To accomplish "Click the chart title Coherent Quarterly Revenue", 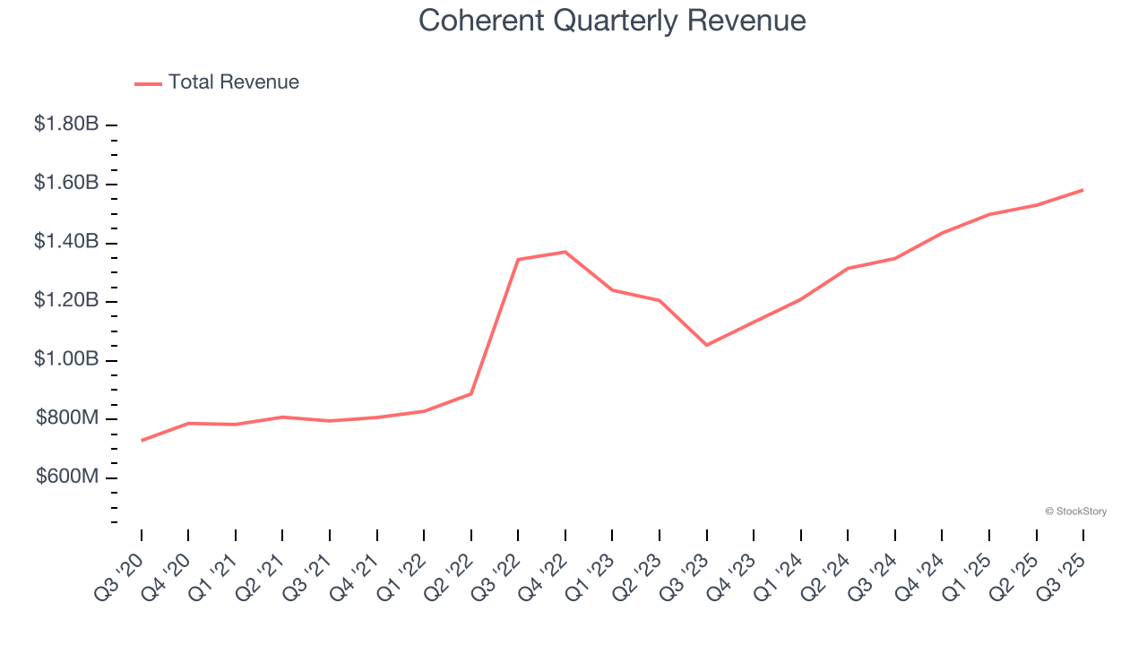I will click(x=612, y=21).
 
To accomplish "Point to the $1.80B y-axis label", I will click(x=66, y=125).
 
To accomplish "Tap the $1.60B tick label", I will click(x=66, y=184).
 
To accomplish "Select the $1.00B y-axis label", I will click(x=66, y=359).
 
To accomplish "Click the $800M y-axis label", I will click(x=67, y=418).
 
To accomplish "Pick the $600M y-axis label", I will click(x=67, y=477).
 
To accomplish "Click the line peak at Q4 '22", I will click(x=565, y=252).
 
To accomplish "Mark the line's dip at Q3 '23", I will click(x=707, y=345).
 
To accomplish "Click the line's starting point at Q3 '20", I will click(x=142, y=441).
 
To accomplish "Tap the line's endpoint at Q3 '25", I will click(x=1083, y=190).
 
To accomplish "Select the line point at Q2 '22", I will click(x=471, y=393).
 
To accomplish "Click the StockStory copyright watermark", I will click(x=1075, y=512).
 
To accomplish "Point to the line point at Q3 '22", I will click(x=519, y=260).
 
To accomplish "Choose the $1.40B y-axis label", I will click(x=66, y=242).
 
